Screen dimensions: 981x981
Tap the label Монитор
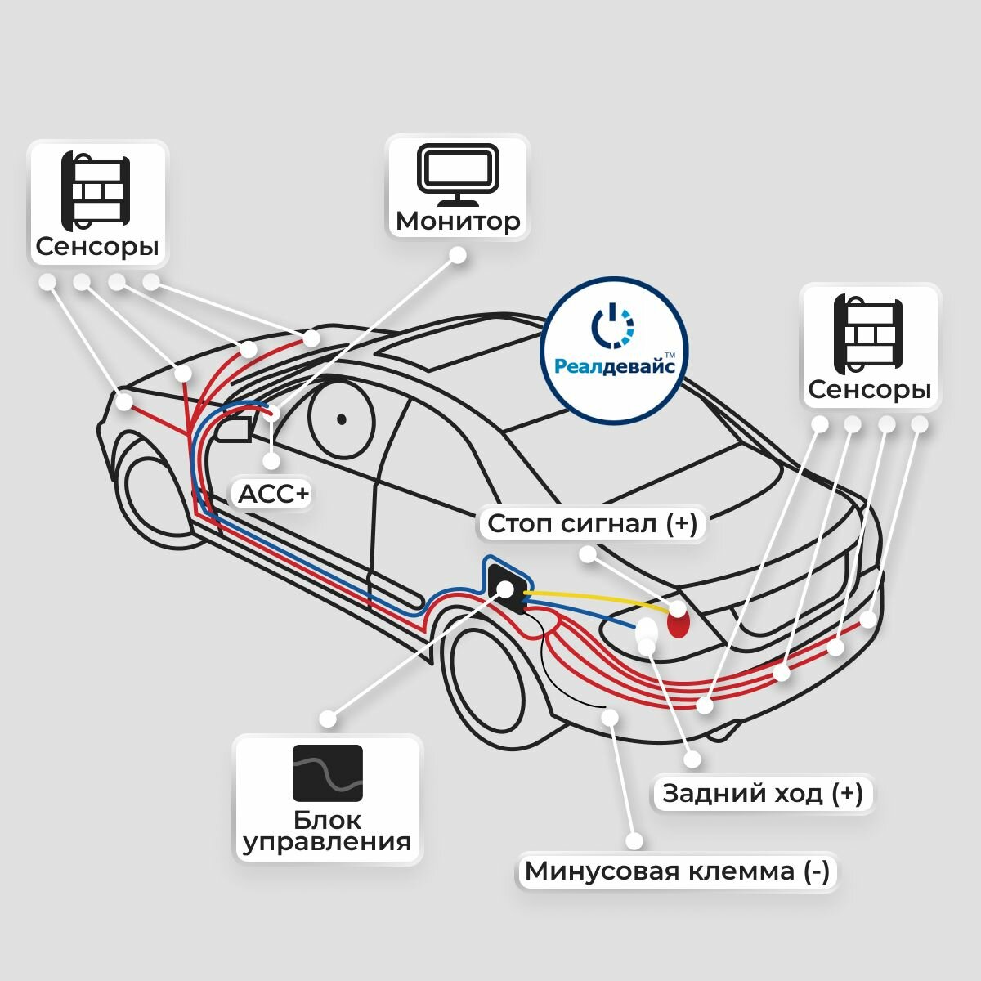tap(458, 221)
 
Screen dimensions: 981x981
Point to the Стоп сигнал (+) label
tap(593, 523)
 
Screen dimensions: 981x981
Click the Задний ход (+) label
tap(762, 793)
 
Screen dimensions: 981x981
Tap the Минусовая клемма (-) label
tap(677, 871)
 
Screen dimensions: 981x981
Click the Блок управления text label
tap(328, 831)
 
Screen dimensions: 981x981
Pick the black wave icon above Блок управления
tap(328, 773)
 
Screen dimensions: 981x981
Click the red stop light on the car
tap(679, 625)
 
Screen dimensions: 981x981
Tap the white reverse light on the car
tap(647, 629)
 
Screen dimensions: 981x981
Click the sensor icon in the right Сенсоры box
tap(868, 334)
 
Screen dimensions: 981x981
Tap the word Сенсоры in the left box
tap(97, 246)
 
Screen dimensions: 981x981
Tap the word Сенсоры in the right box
tap(869, 389)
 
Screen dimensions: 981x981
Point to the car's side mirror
tap(233, 429)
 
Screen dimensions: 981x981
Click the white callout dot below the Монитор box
tap(458, 255)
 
